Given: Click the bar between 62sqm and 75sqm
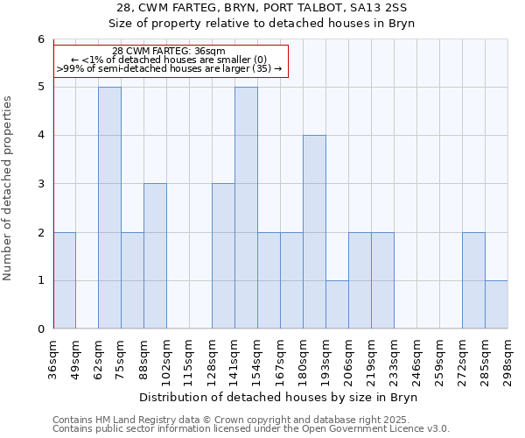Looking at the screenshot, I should point(109,208).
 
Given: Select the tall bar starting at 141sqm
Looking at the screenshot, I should point(246,208).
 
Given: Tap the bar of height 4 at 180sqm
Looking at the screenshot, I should point(314,232).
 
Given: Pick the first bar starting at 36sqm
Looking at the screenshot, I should point(65,280).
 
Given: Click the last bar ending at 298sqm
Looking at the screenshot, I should point(496,305).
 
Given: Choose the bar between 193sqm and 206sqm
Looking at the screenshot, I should point(337,305).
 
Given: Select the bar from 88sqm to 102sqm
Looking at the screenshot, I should point(155,256).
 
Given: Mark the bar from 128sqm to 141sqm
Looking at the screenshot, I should point(223,256).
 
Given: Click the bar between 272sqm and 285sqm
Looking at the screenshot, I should point(473,280).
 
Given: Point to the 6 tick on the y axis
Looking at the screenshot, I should point(40,39).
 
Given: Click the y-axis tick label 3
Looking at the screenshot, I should point(40,184).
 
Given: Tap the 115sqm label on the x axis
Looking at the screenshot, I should point(190,359).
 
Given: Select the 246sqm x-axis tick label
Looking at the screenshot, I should point(417,359).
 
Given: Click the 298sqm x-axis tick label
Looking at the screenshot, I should point(508,359).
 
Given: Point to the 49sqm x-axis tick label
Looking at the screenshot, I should point(76,359).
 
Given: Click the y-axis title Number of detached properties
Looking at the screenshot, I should point(9,188).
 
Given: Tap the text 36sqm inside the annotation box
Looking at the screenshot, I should point(210,51).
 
